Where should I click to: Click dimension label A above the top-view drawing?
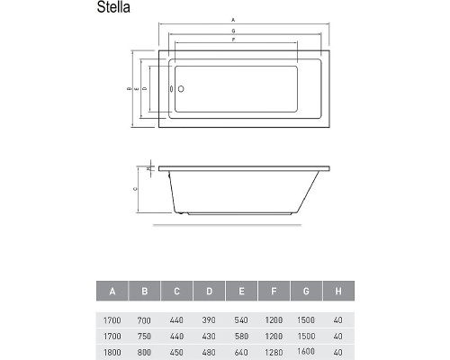pyautogui.click(x=234, y=19)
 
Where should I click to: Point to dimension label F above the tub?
pyautogui.click(x=234, y=40)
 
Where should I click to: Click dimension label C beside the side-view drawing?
pyautogui.click(x=134, y=189)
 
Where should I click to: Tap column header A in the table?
pyautogui.click(x=112, y=291)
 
